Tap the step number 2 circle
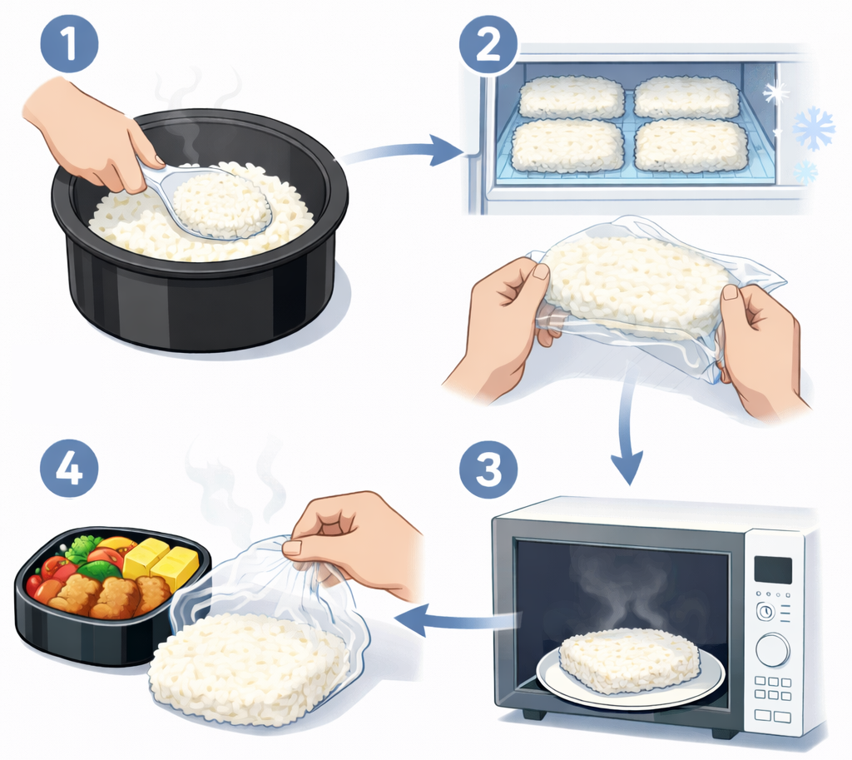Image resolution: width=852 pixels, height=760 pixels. tap(488, 45)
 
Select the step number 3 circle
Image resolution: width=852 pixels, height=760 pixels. tap(488, 469)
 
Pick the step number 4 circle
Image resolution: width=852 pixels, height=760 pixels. tap(69, 468)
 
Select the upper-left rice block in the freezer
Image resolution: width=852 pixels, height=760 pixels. tap(572, 97)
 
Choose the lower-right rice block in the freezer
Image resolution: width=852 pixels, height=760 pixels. tap(691, 145)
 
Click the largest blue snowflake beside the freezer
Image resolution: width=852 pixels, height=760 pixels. tap(814, 129)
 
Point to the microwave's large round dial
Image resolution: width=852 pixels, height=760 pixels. tap(772, 649)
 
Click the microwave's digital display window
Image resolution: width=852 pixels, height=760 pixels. tap(773, 569)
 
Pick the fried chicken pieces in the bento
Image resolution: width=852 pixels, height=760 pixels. tap(109, 594)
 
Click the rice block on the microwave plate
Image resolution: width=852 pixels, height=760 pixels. tap(629, 659)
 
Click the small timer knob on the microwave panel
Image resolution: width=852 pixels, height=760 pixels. tap(765, 612)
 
